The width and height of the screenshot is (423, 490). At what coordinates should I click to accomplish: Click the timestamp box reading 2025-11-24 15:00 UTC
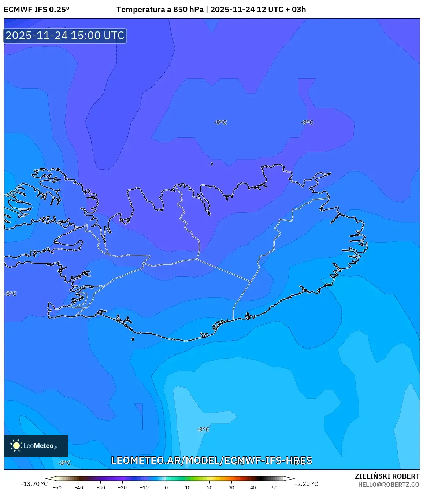[65, 36]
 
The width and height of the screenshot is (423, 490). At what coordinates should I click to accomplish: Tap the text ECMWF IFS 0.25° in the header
[37, 10]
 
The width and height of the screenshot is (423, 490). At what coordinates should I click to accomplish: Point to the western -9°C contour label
[220, 122]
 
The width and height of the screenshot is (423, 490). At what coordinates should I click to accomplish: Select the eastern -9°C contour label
[307, 122]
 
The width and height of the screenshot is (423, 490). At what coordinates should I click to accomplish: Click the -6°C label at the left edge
[11, 195]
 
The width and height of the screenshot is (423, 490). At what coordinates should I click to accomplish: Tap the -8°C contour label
[11, 294]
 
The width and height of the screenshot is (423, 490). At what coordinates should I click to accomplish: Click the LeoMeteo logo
[36, 446]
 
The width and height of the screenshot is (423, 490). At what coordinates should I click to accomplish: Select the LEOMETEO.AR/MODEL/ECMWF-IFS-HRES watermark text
[212, 460]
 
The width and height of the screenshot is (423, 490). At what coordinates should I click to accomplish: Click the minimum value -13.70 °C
[34, 484]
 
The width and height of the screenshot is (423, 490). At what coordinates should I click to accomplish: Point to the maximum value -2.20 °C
[307, 484]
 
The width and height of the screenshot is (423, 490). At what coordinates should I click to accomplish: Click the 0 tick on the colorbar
[166, 487]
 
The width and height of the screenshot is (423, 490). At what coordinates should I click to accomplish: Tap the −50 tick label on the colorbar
[57, 487]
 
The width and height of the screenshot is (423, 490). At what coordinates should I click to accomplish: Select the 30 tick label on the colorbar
[231, 487]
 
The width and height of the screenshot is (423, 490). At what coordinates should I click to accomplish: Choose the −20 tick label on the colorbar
[122, 487]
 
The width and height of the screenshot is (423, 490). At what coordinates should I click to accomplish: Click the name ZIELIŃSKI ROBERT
[387, 476]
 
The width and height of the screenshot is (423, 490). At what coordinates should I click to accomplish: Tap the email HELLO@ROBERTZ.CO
[389, 485]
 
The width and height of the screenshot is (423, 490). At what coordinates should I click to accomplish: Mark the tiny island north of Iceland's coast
[212, 164]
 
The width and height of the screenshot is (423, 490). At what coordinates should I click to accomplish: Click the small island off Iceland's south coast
[133, 339]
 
